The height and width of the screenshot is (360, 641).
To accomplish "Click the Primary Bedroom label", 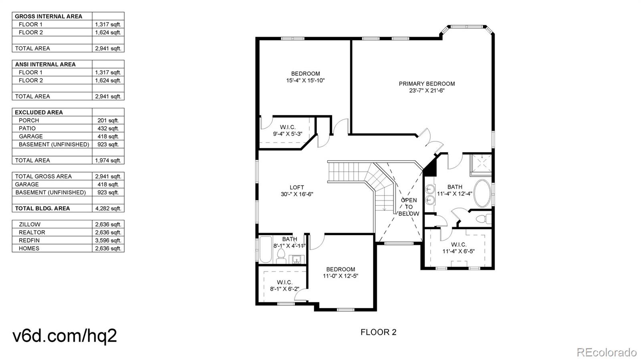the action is pos(427,84).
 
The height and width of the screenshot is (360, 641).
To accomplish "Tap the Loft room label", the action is pos(297,187).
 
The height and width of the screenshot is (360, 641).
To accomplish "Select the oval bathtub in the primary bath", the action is pos(482,193).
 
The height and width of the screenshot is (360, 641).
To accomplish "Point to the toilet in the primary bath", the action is pos(484,219).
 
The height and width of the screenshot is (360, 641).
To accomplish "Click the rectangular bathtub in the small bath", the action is pos(266,249).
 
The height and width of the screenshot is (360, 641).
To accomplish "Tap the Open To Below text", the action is pos(409,207).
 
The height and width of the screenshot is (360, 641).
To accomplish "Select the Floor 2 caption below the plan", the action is pos(378,332).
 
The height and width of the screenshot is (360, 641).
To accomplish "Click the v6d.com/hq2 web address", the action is pos(65,336).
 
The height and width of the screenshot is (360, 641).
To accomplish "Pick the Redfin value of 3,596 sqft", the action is pos(108,241).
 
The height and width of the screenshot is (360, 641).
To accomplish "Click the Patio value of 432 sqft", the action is pos(108,129).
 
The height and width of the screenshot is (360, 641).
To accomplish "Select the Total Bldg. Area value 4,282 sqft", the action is pos(108,209).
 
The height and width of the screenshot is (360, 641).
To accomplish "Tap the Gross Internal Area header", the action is pos(48,16).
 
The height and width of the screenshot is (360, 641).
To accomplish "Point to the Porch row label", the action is pos(29,121).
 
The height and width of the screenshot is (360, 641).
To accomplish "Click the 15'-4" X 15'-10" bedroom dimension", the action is pos(305,80).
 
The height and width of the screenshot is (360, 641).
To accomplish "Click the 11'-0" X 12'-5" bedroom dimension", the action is pos(341,276).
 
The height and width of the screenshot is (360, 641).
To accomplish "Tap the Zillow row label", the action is pos(30,225).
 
